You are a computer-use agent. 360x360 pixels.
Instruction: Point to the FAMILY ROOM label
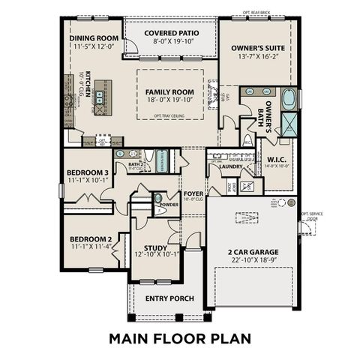pos(169,91)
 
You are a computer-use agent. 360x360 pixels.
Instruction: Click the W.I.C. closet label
pos(274,158)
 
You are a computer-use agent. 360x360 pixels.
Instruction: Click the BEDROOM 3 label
pos(84,172)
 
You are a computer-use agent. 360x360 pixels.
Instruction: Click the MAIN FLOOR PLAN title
pos(180,337)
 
